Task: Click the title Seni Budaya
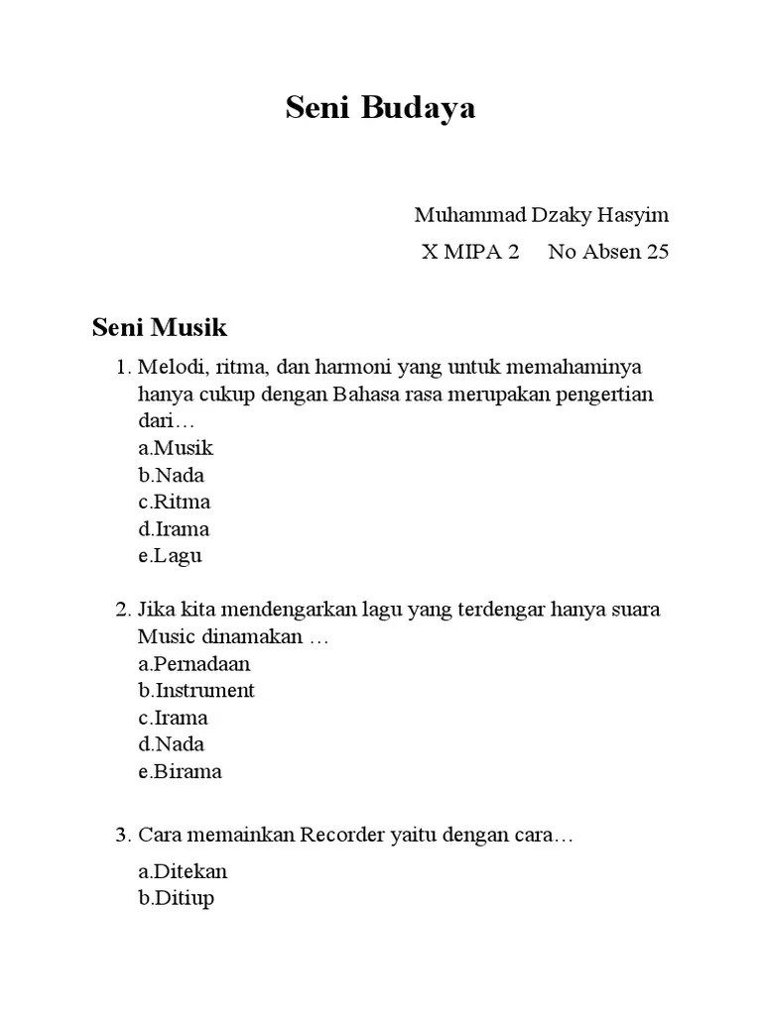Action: click(380, 108)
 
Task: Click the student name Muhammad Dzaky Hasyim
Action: click(542, 215)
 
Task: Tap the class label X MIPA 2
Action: click(470, 252)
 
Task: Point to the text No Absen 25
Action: click(608, 252)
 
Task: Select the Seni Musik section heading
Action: click(160, 327)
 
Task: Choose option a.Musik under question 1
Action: click(176, 448)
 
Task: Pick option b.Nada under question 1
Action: click(172, 475)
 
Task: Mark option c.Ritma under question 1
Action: click(175, 502)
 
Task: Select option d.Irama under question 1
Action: click(174, 528)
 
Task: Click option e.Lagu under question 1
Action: click(171, 555)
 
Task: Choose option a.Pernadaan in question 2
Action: click(194, 663)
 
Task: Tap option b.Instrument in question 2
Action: click(196, 690)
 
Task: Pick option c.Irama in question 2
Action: click(173, 717)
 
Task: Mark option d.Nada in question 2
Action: click(172, 743)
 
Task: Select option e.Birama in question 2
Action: click(181, 770)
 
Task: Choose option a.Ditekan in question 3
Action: click(183, 871)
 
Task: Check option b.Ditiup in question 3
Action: click(177, 898)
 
